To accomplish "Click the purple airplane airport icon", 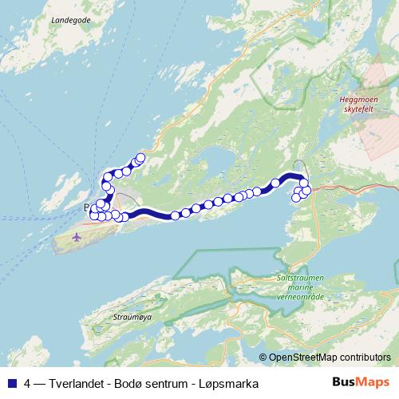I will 77,237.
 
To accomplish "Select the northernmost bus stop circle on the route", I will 141,157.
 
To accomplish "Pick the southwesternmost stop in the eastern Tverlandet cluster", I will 296,197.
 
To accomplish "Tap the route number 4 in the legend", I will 28,383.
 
